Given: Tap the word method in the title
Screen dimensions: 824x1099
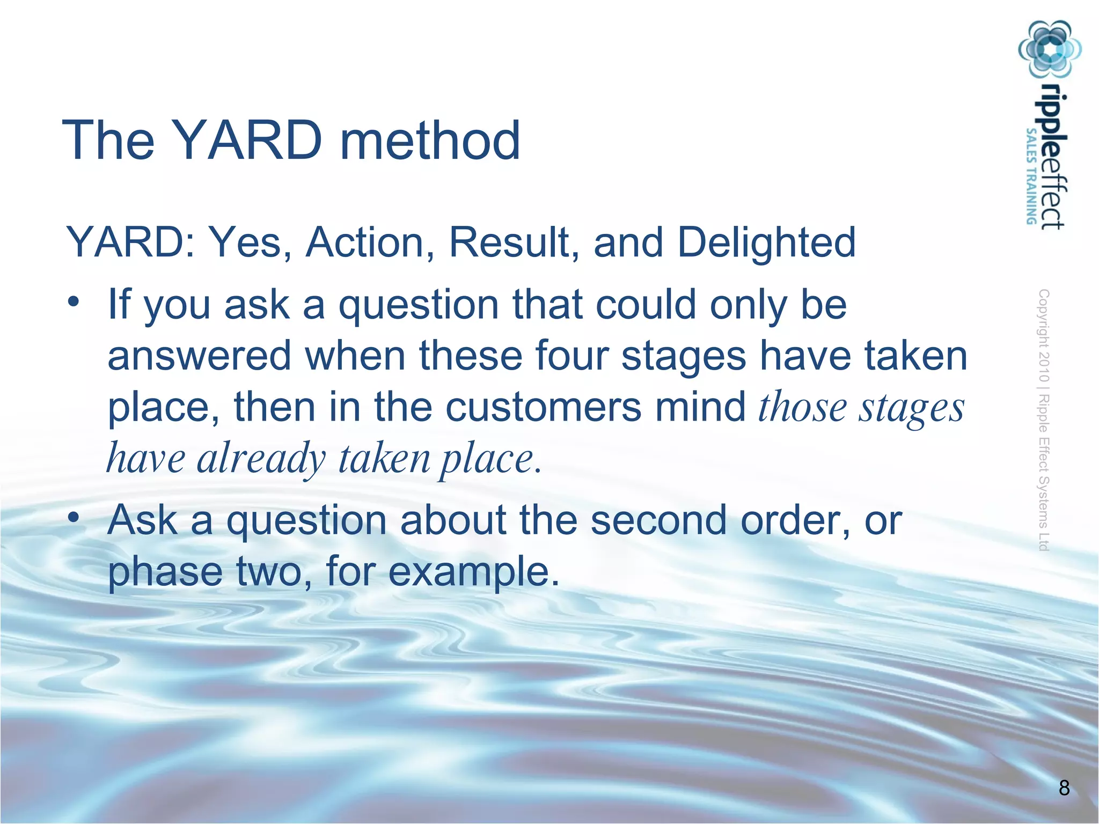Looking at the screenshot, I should (430, 141).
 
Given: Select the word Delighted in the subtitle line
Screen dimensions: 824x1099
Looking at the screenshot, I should (766, 242).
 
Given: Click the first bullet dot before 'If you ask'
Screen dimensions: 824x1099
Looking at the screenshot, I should (74, 301).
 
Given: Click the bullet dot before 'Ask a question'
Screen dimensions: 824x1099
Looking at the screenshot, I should (74, 518).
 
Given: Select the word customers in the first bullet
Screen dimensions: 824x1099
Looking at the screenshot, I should (544, 406).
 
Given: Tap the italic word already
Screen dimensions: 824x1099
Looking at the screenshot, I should (261, 459).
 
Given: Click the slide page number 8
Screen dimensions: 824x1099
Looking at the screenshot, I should (1064, 788).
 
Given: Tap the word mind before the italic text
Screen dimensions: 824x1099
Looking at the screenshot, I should (700, 406).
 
